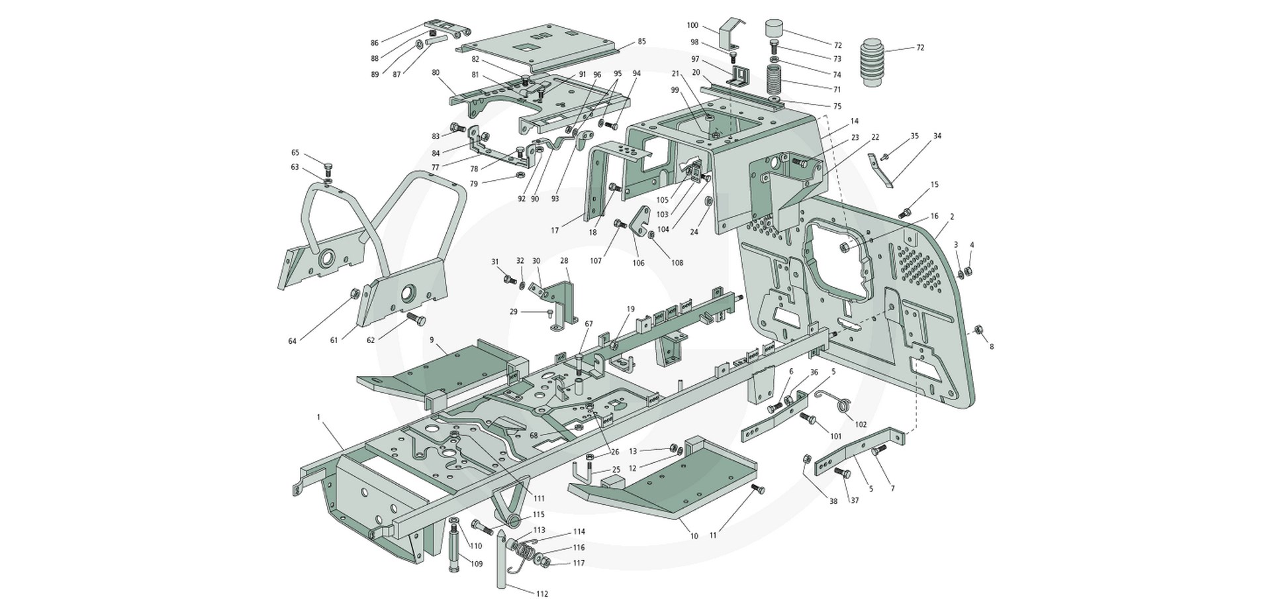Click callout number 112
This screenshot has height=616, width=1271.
pos(542,594)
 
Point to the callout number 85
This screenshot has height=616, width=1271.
pos(641,42)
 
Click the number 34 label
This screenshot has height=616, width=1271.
pos(937,136)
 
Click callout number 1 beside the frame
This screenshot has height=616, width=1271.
pos(318,417)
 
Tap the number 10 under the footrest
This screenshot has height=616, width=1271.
pos(694,536)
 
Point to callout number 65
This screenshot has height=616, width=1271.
pos(295,152)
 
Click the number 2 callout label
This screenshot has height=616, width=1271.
pos(951,217)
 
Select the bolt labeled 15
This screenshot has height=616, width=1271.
pos(906,213)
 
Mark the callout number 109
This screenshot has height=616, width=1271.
pos(476,564)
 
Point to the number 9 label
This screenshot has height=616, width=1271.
pos(432,340)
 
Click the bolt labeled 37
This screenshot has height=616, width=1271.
pos(843,472)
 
